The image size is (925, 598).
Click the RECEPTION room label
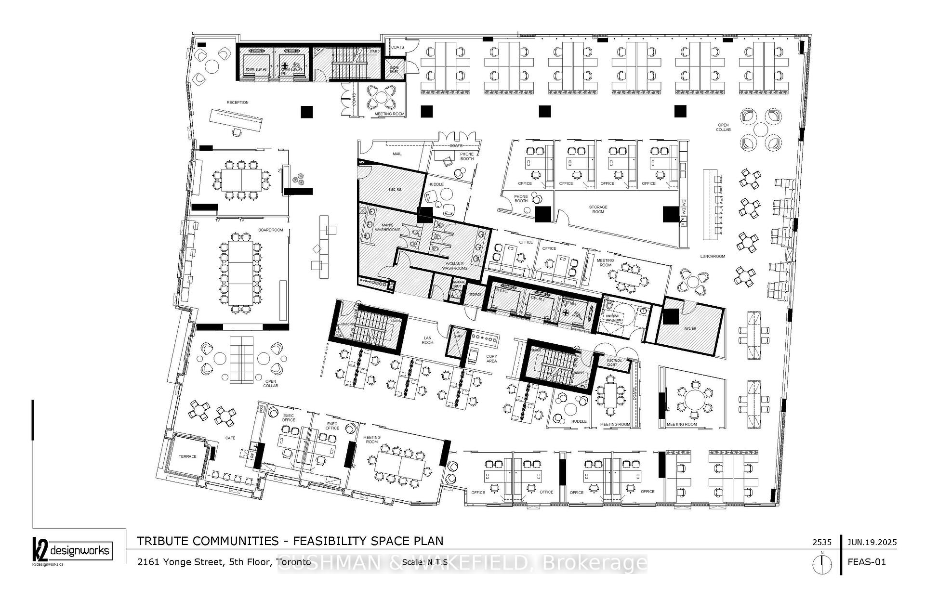tap(238, 103)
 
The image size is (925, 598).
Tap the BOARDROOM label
tap(270, 230)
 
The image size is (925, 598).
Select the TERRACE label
tap(187, 456)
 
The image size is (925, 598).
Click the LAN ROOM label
tap(427, 340)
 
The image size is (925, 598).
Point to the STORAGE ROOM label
tap(598, 209)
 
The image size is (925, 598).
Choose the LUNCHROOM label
tap(713, 257)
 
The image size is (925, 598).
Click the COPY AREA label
tap(491, 359)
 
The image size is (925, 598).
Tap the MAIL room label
tap(397, 154)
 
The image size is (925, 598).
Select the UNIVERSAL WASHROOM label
tap(614, 318)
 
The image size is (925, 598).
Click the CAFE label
tap(231, 438)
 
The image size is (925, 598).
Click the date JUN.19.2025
tap(872, 542)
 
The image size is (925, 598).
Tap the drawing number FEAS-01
tap(867, 562)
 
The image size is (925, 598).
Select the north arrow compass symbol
tap(822, 564)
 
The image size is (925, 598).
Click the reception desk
tap(237, 120)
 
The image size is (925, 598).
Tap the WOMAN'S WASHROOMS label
tap(455, 266)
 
